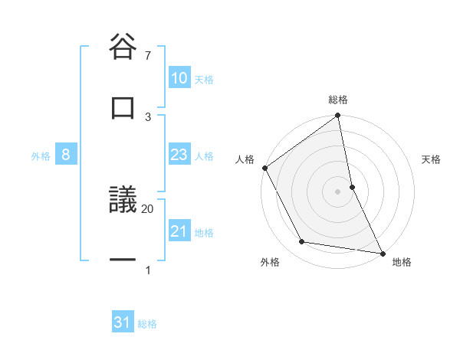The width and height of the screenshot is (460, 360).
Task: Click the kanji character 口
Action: [x=123, y=108]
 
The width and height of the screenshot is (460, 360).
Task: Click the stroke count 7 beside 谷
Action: [x=148, y=55]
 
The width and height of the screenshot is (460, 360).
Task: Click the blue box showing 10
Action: [x=179, y=78]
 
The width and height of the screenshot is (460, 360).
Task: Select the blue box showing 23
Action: [x=179, y=155]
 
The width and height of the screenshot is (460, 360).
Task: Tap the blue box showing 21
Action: [x=179, y=231]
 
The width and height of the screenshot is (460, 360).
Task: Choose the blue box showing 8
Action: [x=66, y=155]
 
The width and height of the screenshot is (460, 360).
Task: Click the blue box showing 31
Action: [x=123, y=323]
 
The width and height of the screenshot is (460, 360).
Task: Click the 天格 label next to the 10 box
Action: [x=204, y=79]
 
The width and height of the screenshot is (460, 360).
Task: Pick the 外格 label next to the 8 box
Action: [x=41, y=155]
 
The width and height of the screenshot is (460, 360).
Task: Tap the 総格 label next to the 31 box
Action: [x=147, y=324]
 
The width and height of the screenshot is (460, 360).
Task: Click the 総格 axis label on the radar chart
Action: [x=338, y=100]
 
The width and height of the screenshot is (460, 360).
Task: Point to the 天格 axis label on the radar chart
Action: [x=432, y=159]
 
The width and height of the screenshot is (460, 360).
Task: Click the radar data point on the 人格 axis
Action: [x=265, y=168]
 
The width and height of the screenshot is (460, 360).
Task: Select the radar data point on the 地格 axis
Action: [x=383, y=253]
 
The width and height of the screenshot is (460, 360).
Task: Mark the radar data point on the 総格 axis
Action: [x=338, y=116]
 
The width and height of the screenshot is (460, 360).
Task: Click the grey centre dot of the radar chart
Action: [x=338, y=191]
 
